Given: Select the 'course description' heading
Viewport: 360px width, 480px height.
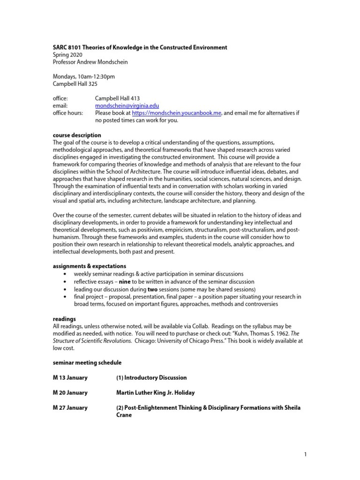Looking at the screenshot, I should (76, 135).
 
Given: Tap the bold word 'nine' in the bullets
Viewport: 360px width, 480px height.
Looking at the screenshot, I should (124, 281).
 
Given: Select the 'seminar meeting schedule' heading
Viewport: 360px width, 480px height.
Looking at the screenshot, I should (87, 362).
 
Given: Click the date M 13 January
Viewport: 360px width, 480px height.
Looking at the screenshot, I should (70, 377).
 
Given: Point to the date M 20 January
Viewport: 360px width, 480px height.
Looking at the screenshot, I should (70, 392).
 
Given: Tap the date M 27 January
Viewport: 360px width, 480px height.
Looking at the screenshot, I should (70, 407).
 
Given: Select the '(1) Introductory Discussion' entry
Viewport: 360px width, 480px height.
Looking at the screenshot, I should (151, 377).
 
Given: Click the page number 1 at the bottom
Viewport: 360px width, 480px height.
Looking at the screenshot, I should (305, 454).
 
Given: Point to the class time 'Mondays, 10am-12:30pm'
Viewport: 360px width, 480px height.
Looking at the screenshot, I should (83, 77).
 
